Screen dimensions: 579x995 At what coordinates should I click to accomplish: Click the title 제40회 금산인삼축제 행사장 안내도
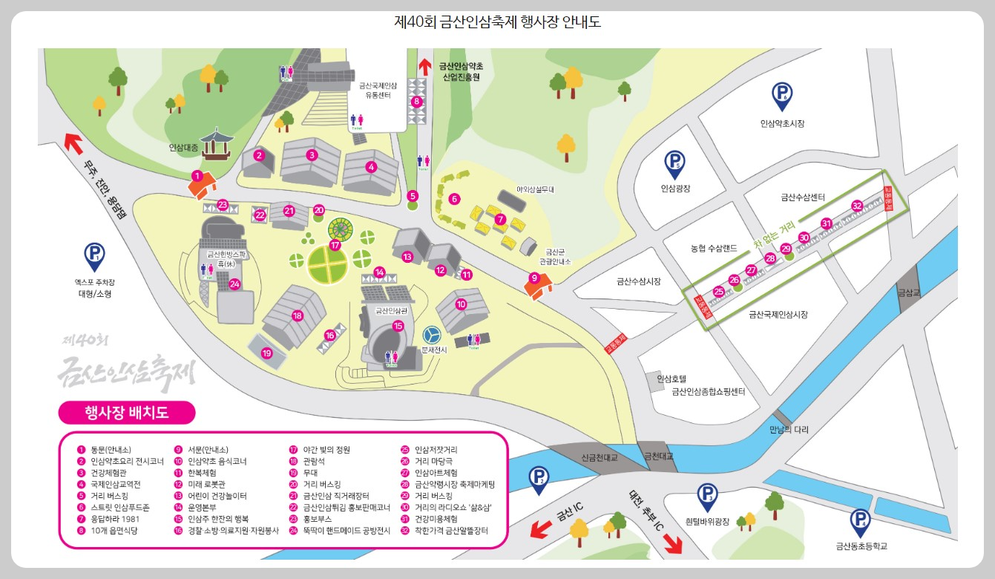[497, 22]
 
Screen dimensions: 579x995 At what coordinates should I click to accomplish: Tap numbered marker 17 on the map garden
[335, 244]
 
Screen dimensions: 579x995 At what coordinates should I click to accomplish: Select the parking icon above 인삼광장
[674, 163]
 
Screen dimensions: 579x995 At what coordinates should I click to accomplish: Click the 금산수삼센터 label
[803, 197]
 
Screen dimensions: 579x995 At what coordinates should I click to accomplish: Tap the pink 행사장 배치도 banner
[126, 412]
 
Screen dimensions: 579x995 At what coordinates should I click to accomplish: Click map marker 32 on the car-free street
[857, 206]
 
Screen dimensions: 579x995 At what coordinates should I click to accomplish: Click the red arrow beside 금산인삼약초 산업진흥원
[425, 65]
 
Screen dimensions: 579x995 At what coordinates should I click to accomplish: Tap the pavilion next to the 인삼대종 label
[216, 145]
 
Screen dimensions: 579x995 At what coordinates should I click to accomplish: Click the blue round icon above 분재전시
[432, 335]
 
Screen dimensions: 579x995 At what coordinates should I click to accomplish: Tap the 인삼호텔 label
[672, 378]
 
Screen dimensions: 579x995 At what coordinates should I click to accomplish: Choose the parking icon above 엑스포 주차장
[95, 257]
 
